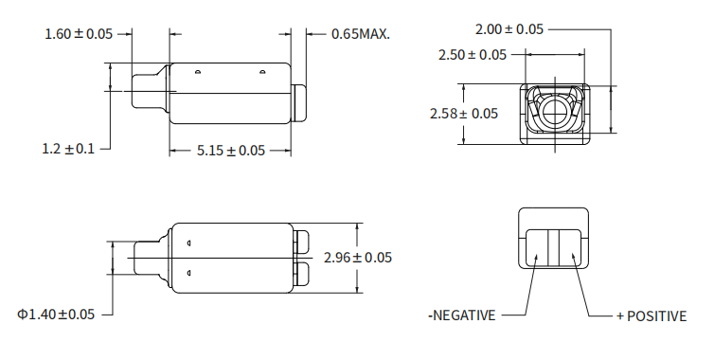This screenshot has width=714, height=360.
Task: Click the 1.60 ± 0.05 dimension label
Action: coord(79,34)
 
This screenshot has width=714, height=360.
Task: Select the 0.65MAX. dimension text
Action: coord(361,34)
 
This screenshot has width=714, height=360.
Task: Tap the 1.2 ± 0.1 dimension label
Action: coord(68,149)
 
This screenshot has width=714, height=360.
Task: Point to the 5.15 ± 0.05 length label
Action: coord(231,151)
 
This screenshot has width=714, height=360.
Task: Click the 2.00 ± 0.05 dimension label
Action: coord(509,29)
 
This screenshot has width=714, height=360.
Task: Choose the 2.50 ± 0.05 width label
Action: coord(473,55)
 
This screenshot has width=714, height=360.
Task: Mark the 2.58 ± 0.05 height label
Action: coord(464,114)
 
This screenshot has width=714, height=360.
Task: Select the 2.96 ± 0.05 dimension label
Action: coord(358,258)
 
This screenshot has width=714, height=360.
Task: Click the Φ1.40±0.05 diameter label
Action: coord(56,315)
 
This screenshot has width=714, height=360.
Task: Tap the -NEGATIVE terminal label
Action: coord(462,315)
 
